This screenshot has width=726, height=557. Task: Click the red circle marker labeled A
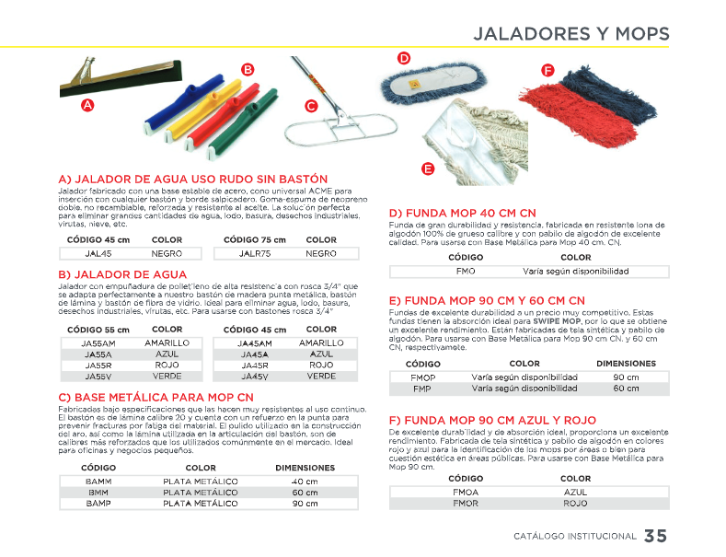pyautogui.click(x=87, y=105)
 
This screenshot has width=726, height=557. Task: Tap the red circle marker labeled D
pyautogui.click(x=403, y=59)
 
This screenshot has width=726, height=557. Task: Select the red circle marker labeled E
pyautogui.click(x=427, y=168)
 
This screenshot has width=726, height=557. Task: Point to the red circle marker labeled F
pyautogui.click(x=547, y=71)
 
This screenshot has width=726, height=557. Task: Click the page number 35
pyautogui.click(x=655, y=536)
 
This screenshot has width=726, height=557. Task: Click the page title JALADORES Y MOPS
pyautogui.click(x=570, y=34)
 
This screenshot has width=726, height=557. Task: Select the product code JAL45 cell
pyautogui.click(x=98, y=253)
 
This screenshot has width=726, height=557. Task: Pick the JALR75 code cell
pyautogui.click(x=255, y=253)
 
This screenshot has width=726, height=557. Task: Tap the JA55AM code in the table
pyautogui.click(x=98, y=342)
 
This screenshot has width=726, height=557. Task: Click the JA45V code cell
pyautogui.click(x=255, y=376)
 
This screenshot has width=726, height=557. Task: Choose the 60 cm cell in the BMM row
pyautogui.click(x=305, y=493)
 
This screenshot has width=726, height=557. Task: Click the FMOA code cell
pyautogui.click(x=466, y=493)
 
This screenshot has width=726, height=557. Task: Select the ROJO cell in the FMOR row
pyautogui.click(x=575, y=504)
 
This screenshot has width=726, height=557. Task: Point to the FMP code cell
pyautogui.click(x=422, y=389)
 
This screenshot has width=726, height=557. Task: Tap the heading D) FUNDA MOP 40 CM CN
pyautogui.click(x=463, y=213)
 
